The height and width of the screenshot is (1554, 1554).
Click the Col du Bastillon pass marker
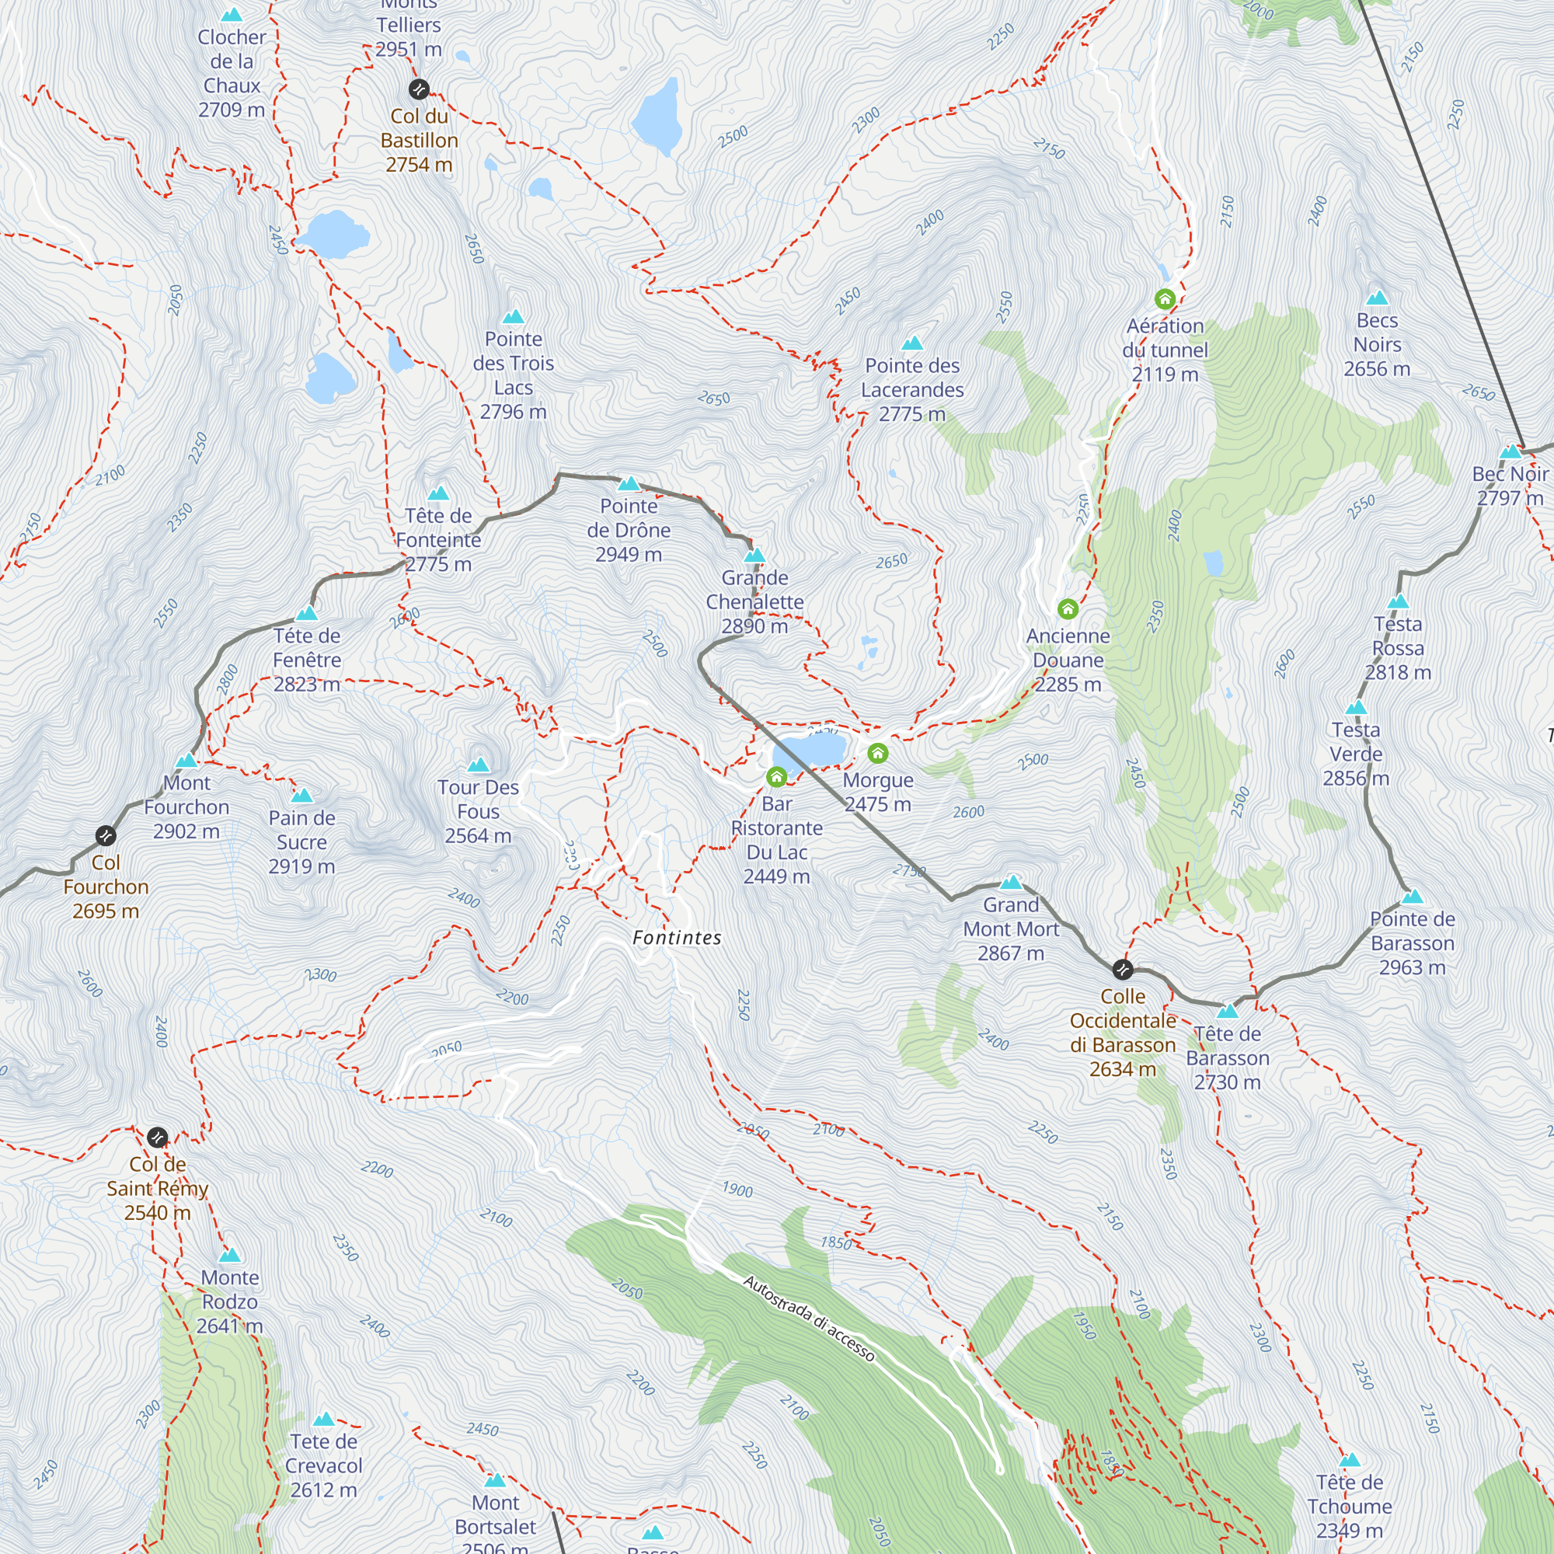[418, 89]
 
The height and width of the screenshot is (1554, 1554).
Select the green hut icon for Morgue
[877, 754]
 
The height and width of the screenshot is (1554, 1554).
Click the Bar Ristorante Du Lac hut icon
[776, 777]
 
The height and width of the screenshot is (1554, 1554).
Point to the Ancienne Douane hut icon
[1068, 609]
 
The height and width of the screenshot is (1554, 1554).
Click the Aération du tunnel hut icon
[1165, 300]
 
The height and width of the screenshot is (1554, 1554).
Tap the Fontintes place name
[677, 937]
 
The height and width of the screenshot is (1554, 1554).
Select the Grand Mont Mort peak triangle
[1011, 883]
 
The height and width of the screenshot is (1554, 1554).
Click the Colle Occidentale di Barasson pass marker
[1123, 968]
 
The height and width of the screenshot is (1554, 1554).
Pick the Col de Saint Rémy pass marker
[158, 1138]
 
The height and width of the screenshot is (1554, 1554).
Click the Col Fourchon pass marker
[106, 836]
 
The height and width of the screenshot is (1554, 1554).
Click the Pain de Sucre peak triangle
[301, 796]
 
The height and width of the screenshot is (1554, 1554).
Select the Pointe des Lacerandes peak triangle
[912, 344]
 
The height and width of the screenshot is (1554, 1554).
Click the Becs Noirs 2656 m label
[1376, 344]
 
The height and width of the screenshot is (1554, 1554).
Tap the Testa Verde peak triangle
[1356, 708]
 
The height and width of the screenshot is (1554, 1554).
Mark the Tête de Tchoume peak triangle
[1350, 1460]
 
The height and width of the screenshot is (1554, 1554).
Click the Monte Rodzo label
[230, 1301]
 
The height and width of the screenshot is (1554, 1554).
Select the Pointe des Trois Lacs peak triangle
[513, 317]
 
